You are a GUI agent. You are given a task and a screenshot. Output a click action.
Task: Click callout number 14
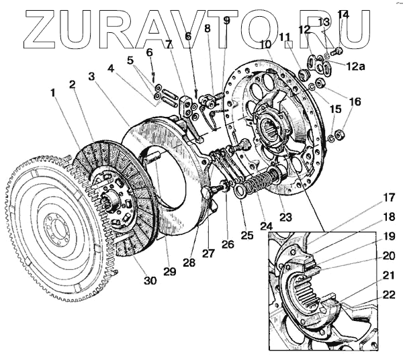click(x=343, y=14)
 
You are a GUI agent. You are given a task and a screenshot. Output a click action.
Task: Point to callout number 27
click(x=208, y=253)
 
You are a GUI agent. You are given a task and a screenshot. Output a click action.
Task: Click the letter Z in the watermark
click(x=31, y=28)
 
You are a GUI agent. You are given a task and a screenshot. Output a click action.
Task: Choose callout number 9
click(x=226, y=21)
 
